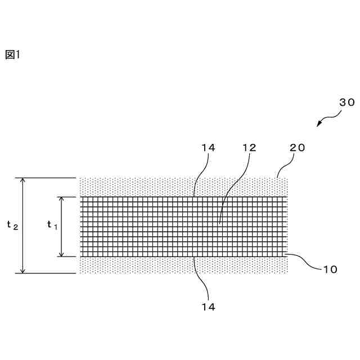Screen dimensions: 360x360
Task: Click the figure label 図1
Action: pos(12,55)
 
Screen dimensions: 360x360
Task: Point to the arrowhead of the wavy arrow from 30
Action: pos(318,125)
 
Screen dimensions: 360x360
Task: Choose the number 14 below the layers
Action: pos(208,307)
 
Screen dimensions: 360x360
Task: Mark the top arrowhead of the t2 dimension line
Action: pos(22,181)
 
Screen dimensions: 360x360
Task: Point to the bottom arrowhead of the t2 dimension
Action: pos(22,271)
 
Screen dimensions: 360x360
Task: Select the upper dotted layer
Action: pos(141,187)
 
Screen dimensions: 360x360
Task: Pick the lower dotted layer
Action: pos(141,265)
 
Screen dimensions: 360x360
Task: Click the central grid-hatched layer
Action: pos(141,226)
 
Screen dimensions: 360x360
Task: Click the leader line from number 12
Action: pos(231,191)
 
